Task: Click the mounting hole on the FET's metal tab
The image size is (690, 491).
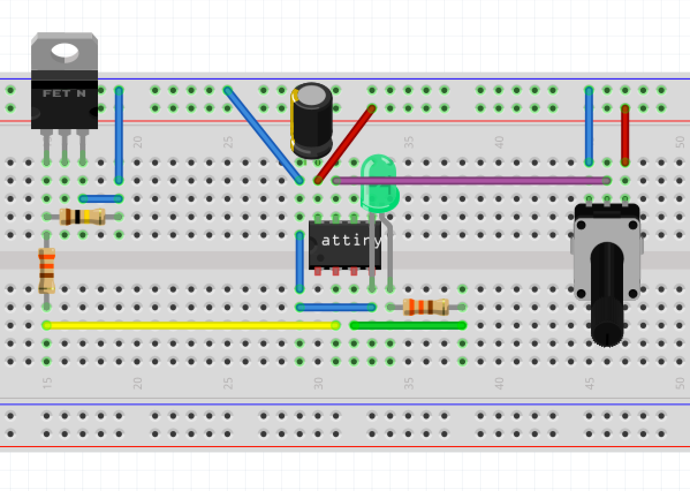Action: (x=65, y=52)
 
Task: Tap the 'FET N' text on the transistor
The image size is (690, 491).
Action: (x=64, y=93)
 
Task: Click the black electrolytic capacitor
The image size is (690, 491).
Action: (x=312, y=121)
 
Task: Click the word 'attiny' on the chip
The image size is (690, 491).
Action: (x=350, y=240)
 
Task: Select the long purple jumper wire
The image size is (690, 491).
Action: (x=469, y=181)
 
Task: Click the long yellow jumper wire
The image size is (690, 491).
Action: (x=190, y=326)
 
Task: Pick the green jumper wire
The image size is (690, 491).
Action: (x=408, y=326)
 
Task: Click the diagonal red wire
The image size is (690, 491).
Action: (x=344, y=144)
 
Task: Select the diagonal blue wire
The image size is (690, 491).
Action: (x=263, y=135)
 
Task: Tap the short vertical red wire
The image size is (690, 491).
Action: (x=625, y=135)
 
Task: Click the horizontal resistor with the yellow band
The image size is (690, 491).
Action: (x=82, y=217)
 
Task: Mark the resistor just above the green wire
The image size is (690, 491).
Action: (x=426, y=307)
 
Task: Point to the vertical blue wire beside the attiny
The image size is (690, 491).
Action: (x=299, y=262)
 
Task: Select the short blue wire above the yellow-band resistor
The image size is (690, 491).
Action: (x=101, y=199)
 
